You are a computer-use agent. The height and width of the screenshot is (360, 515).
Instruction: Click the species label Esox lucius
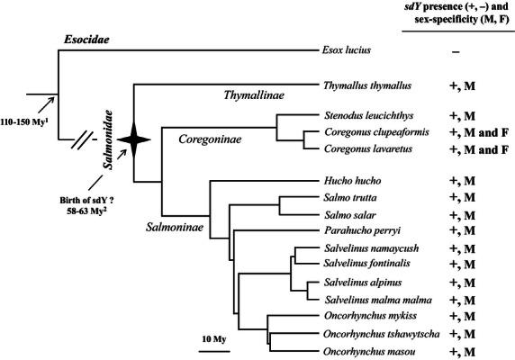tap(349, 52)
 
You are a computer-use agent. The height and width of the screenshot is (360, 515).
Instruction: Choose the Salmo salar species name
tap(349, 214)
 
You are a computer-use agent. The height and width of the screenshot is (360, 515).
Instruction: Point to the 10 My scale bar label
tap(214, 338)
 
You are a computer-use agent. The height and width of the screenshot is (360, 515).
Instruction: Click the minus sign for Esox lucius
tap(456, 52)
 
